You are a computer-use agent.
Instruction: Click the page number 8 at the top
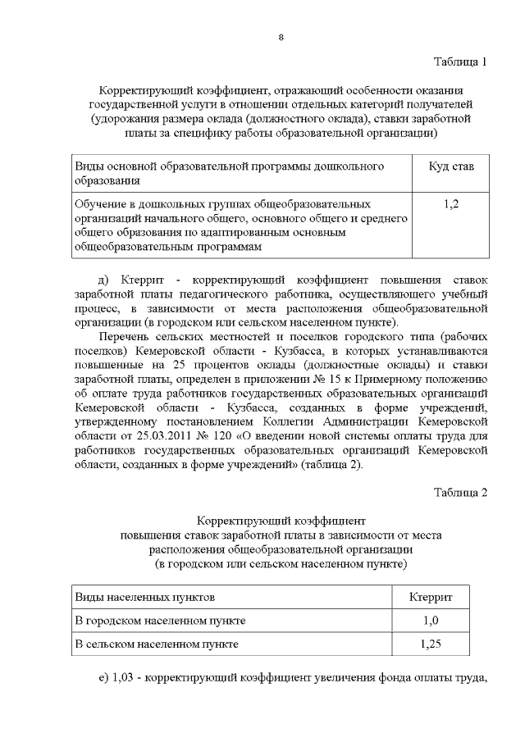281,38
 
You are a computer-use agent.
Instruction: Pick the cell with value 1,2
450,203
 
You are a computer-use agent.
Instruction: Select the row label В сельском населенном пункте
157,644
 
